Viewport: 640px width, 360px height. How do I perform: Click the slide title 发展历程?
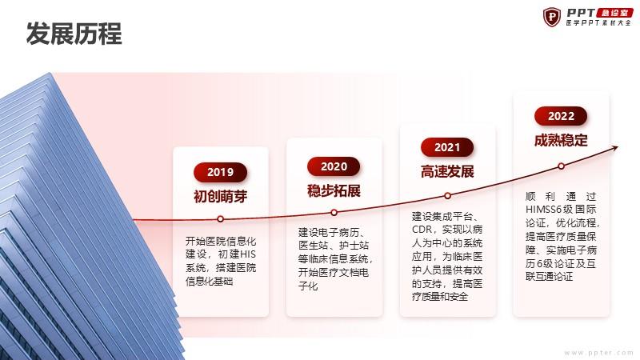(x=74, y=34)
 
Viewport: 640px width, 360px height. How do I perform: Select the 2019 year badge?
(x=221, y=172)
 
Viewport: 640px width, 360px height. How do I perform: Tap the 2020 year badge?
(x=334, y=166)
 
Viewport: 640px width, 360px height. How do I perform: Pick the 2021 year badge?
(x=447, y=147)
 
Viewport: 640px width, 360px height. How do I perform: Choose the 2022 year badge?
(x=561, y=116)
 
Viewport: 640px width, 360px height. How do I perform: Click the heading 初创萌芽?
(x=221, y=196)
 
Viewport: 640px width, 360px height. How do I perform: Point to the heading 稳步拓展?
(x=334, y=190)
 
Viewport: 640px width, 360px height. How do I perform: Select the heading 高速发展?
(x=447, y=171)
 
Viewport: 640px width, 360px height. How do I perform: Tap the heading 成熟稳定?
(x=561, y=141)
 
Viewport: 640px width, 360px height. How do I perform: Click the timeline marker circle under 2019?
(x=221, y=219)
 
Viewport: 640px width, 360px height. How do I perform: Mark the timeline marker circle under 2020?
(x=334, y=213)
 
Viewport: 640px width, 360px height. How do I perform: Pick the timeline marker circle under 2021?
(x=447, y=196)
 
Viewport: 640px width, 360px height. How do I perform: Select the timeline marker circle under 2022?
(x=562, y=166)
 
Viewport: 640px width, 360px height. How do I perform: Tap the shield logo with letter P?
(x=552, y=17)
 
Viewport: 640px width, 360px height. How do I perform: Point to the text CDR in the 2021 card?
(x=422, y=230)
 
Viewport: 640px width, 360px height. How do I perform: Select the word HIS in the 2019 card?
(x=248, y=254)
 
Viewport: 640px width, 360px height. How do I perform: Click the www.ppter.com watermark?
(x=598, y=353)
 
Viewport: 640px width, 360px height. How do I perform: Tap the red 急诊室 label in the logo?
(x=615, y=13)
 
